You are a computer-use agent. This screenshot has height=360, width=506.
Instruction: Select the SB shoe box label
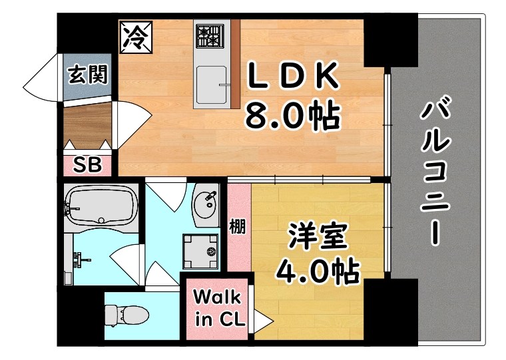(88, 164)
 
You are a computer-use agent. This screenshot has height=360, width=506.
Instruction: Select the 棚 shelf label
(238, 226)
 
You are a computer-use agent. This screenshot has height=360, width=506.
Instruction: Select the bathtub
(101, 206)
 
